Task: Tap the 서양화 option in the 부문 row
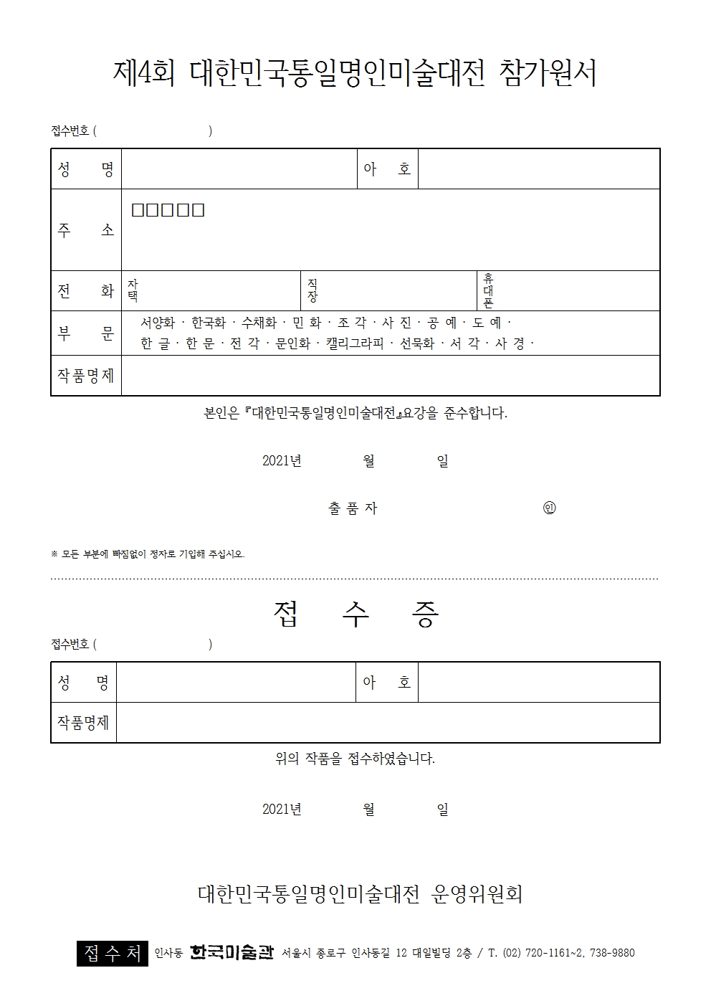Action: (x=158, y=323)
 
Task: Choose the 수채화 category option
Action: (x=259, y=323)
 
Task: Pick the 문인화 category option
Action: (x=292, y=343)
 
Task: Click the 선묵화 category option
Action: (x=417, y=343)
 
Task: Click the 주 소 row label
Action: (x=86, y=230)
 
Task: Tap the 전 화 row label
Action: (x=86, y=290)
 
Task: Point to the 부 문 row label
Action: (x=86, y=333)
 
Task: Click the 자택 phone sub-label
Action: (x=132, y=290)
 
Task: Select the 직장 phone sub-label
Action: (x=312, y=290)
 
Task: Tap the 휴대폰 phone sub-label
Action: (x=489, y=290)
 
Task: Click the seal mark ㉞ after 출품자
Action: (x=550, y=508)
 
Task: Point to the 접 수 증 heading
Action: (x=355, y=614)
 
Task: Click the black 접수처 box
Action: (x=113, y=953)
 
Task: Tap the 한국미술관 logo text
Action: (x=232, y=953)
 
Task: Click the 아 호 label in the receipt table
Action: (x=387, y=682)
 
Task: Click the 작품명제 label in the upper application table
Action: (x=86, y=375)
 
